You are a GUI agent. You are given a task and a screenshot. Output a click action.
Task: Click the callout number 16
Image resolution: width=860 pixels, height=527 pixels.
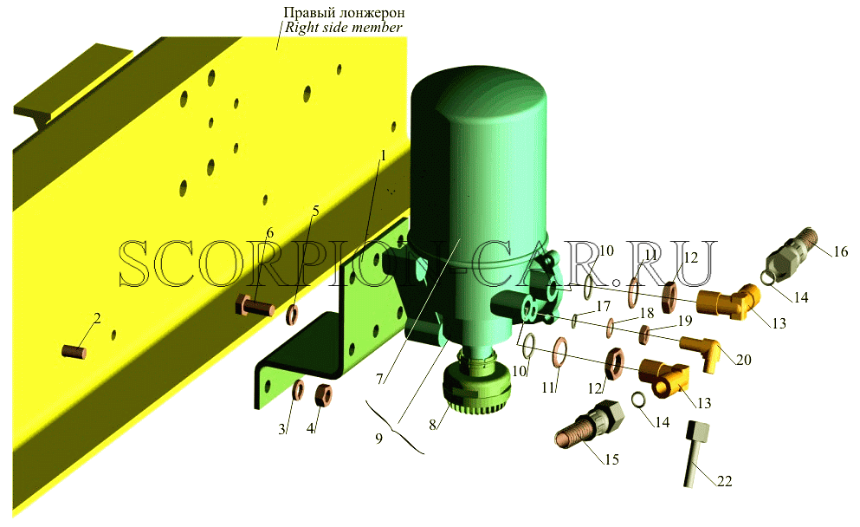pos(839,252)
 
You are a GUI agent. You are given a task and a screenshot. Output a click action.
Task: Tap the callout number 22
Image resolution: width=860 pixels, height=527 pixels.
pos(724,481)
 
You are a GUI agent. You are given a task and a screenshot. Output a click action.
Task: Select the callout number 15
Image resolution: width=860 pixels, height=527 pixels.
pos(611,459)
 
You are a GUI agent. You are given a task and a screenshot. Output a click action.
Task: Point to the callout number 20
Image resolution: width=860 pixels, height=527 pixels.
pos(743,360)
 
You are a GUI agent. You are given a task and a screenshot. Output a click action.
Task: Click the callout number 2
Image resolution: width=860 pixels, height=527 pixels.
pos(97,318)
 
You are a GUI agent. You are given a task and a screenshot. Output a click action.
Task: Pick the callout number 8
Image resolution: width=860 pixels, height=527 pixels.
pos(433,425)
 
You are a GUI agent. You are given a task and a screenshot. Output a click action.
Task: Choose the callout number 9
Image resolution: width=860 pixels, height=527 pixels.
pos(379,439)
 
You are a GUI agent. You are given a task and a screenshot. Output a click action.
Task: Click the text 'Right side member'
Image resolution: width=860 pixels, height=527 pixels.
pos(343,27)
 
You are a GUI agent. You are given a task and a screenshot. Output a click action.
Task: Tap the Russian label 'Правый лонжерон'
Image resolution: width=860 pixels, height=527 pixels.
pos(344,11)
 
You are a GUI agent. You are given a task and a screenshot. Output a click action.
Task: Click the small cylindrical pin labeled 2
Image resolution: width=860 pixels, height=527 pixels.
pos(74,351)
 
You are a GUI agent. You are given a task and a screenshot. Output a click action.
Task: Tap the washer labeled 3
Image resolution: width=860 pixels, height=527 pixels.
pos(299,390)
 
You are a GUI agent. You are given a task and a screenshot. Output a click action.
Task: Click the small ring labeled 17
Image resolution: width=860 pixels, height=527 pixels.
pos(574,320)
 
